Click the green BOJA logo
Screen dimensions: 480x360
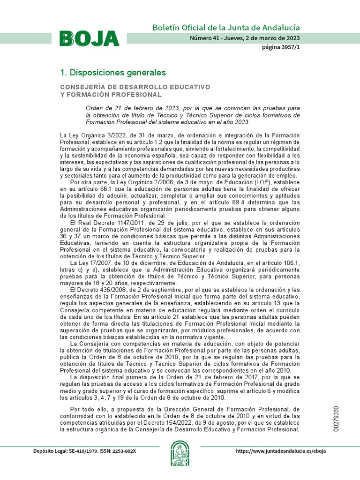tap(89, 38)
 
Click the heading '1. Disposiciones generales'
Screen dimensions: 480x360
tap(113, 73)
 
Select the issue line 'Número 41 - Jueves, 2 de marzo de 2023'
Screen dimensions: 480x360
tap(245, 38)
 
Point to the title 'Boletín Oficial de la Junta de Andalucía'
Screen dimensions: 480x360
tap(226, 28)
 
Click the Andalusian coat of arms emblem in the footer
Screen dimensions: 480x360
tap(180, 453)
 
